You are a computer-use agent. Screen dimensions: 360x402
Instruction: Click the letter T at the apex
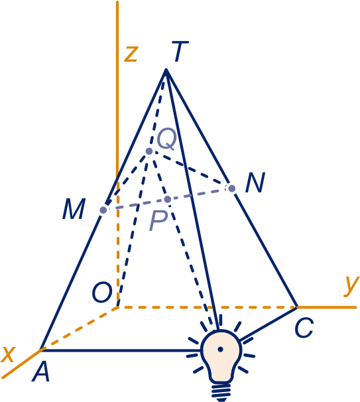pos(180,51)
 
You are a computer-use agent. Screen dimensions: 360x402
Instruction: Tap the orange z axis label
pos(131,54)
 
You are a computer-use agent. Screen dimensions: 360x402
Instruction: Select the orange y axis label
pos(351,286)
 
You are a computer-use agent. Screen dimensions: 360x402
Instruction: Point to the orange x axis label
pos(8,354)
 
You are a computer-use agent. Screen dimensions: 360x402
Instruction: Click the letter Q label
pos(166,139)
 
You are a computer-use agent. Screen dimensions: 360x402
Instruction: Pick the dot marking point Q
pos(149,151)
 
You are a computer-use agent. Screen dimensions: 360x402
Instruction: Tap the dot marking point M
pos(103,210)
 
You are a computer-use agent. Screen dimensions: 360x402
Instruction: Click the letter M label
pos(74,209)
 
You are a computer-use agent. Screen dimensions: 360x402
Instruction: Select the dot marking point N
pos(231,188)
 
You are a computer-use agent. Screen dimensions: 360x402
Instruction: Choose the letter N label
pos(255,182)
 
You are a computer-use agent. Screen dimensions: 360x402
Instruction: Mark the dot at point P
pos(168,199)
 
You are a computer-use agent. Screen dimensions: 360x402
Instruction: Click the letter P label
pos(158,220)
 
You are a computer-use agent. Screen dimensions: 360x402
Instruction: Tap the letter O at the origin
pos(102,292)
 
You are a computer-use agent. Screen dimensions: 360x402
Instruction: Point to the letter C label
pos(304,328)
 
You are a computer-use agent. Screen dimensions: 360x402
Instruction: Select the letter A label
pos(40,371)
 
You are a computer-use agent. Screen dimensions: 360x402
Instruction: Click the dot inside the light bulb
pos(220,349)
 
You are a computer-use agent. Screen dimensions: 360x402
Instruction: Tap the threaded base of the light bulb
pos(221,392)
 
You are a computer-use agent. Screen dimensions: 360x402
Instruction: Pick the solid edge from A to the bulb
pos(121,350)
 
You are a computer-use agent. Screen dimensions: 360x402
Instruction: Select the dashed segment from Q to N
pos(190,170)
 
